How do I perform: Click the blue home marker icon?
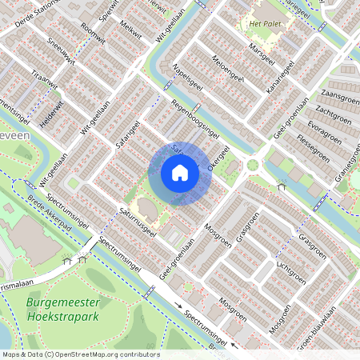180,173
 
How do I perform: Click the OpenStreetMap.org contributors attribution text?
111,354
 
